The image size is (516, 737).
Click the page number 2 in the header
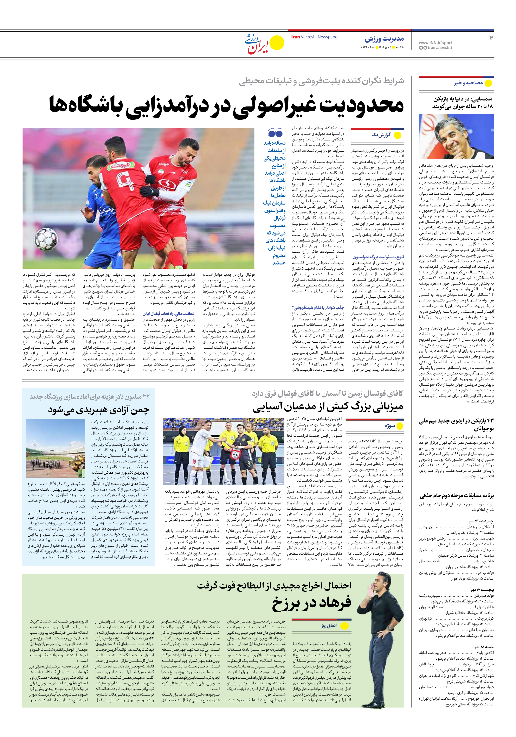pyautogui.click(x=491, y=39)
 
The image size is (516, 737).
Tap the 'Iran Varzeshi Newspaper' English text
pyautogui.click(x=315, y=37)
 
